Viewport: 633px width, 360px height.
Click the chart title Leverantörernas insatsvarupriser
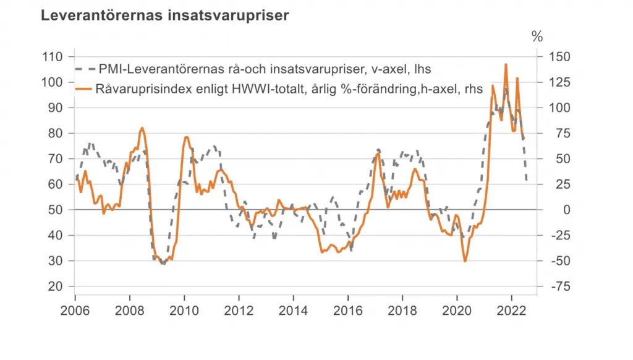[x=164, y=16]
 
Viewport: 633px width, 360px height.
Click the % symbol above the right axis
[x=537, y=36]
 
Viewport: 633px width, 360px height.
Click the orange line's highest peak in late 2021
[x=506, y=64]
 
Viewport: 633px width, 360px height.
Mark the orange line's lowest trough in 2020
[x=465, y=261]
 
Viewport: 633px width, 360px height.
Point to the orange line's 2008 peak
[x=142, y=128]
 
